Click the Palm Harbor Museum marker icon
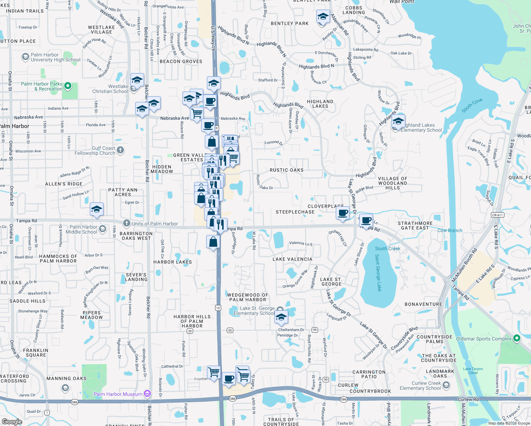click(x=148, y=394)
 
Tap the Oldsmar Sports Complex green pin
click(x=517, y=338)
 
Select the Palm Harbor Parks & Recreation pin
click(x=68, y=86)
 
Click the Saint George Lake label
click(x=378, y=273)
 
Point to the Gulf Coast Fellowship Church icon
click(x=120, y=150)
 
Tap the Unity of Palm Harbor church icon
click(x=126, y=223)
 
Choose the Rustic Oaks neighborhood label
click(x=286, y=170)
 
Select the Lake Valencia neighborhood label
click(x=292, y=259)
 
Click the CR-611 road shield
click(x=497, y=215)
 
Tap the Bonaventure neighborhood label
click(x=423, y=304)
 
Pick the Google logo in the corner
click(x=12, y=421)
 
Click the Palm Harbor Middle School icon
click(x=103, y=229)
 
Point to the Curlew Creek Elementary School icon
click(x=446, y=385)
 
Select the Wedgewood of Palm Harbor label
click(x=247, y=297)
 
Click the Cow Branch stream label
click(x=450, y=230)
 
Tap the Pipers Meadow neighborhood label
click(x=92, y=315)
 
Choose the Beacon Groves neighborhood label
click(x=181, y=61)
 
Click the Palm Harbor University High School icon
click(x=25, y=57)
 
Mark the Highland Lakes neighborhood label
click(x=320, y=104)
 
